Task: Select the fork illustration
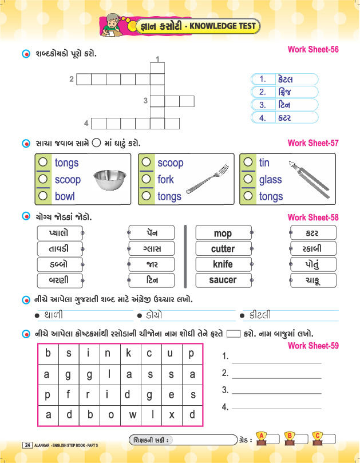pyautogui.click(x=207, y=180)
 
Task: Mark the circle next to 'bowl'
pyautogui.click(x=42, y=196)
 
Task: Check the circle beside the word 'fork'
pyautogui.click(x=147, y=179)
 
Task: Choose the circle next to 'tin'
pyautogui.click(x=248, y=163)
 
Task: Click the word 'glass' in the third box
pyautogui.click(x=270, y=180)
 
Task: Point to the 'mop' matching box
pyautogui.click(x=223, y=234)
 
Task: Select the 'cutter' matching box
pyautogui.click(x=223, y=249)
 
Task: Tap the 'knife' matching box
pyautogui.click(x=223, y=264)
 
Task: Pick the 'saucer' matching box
pyautogui.click(x=223, y=280)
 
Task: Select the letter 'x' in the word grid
pyautogui.click(x=172, y=414)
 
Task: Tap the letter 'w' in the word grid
pyautogui.click(x=132, y=414)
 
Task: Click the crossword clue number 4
pyautogui.click(x=86, y=123)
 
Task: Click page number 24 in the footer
pyautogui.click(x=27, y=445)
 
